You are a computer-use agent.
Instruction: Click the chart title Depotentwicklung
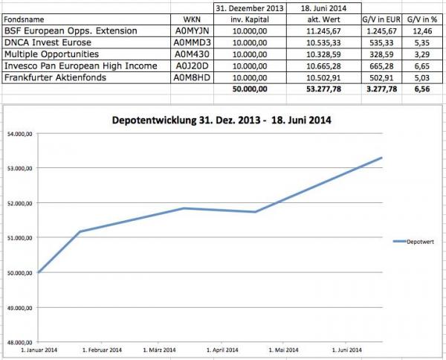click(x=221, y=119)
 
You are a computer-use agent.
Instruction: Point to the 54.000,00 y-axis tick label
click(x=20, y=134)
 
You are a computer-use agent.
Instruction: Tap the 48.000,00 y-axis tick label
click(x=20, y=342)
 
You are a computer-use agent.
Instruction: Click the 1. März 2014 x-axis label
click(x=157, y=350)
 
